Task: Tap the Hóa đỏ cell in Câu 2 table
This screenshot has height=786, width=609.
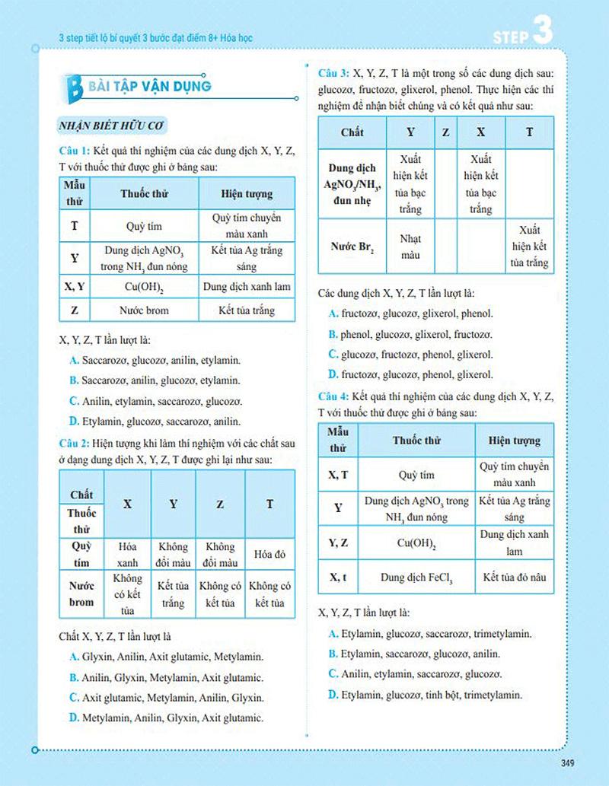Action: coord(269,555)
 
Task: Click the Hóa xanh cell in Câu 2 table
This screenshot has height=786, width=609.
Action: coord(128,555)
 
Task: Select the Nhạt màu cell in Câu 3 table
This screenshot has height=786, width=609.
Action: coord(410,247)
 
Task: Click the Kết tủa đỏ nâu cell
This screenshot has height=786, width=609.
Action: coord(514,578)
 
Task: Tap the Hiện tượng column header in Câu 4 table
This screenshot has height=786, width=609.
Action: coord(514,441)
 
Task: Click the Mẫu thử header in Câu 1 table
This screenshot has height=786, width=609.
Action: coord(75,193)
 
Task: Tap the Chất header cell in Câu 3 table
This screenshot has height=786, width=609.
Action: coord(352,132)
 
